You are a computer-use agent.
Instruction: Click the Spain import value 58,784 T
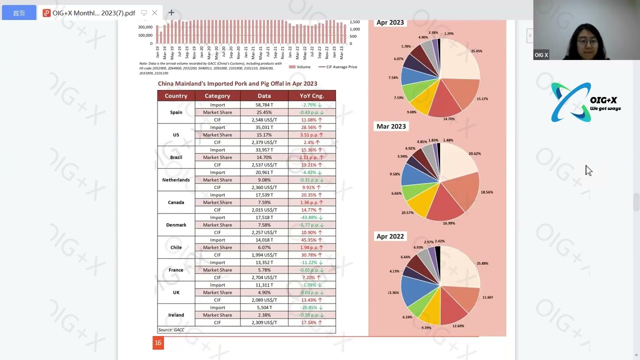tap(264, 105)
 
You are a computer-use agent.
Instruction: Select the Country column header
tap(176, 96)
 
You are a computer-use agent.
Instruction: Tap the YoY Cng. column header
tap(311, 96)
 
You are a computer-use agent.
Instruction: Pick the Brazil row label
tap(176, 157)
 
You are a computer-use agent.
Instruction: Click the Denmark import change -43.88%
tap(311, 217)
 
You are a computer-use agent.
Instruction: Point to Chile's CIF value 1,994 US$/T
tap(264, 255)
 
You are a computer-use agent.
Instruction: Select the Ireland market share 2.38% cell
tap(264, 315)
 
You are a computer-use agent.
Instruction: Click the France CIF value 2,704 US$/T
tap(264, 277)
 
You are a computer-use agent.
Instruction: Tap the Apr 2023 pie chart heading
tap(390, 22)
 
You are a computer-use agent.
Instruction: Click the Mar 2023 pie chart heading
tap(391, 126)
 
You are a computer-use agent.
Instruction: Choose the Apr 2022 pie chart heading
tap(390, 236)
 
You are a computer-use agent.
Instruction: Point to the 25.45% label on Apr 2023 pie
tap(476, 51)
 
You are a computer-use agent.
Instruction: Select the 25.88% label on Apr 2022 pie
tap(482, 263)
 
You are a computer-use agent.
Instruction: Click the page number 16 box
tap(158, 342)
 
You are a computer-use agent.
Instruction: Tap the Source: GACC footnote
tap(171, 330)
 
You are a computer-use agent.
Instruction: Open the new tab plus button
tap(171, 12)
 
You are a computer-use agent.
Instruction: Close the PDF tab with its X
tap(155, 12)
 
